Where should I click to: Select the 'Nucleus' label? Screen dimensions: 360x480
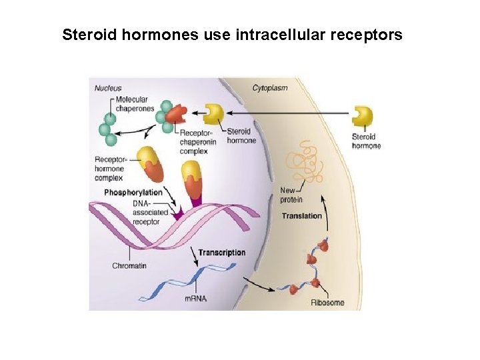[x=108, y=87]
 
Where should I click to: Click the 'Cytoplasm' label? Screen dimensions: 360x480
[x=270, y=87]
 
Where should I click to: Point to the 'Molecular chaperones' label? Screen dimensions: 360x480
[x=130, y=104]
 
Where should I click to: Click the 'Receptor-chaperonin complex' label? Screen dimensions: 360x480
[x=198, y=142]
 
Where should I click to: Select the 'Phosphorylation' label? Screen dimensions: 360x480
[x=133, y=192]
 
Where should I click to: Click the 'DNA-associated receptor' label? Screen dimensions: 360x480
[x=151, y=212]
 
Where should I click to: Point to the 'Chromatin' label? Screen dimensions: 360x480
[x=129, y=265]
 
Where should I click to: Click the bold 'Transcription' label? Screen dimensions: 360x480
[x=222, y=253]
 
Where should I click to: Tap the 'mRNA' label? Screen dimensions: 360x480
[x=195, y=298]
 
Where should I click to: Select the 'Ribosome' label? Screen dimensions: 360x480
[x=327, y=303]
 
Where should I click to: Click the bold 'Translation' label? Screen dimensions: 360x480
[x=301, y=215]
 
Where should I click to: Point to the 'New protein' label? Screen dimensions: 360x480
[x=291, y=195]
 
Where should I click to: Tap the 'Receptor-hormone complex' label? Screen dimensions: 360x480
[x=109, y=168]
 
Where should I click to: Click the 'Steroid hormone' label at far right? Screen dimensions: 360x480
[x=366, y=141]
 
